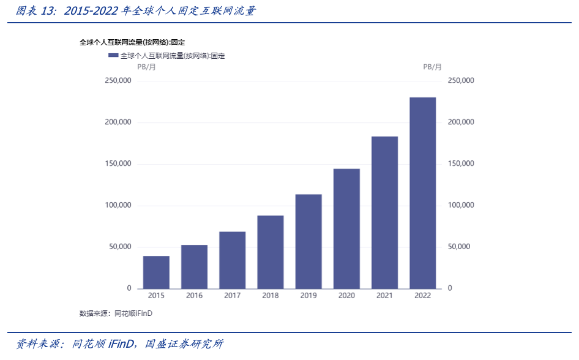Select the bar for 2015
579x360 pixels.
click(156, 272)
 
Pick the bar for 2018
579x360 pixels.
click(271, 252)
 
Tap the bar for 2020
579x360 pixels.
click(346, 228)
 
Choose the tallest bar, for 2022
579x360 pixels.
click(422, 193)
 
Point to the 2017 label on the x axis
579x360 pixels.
click(232, 296)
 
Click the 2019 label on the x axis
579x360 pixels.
click(308, 296)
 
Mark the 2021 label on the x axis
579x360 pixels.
click(384, 296)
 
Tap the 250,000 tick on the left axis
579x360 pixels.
click(118, 81)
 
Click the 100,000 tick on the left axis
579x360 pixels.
click(118, 205)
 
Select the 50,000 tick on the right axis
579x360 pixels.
click(461, 247)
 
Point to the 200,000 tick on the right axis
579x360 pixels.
click(461, 122)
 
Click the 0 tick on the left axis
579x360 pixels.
click(129, 288)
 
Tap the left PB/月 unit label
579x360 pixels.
click(146, 67)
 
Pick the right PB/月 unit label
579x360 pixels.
click(432, 67)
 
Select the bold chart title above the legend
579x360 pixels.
click(132, 42)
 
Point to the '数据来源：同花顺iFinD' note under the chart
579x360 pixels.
click(116, 313)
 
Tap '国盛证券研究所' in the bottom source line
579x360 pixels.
click(184, 344)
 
